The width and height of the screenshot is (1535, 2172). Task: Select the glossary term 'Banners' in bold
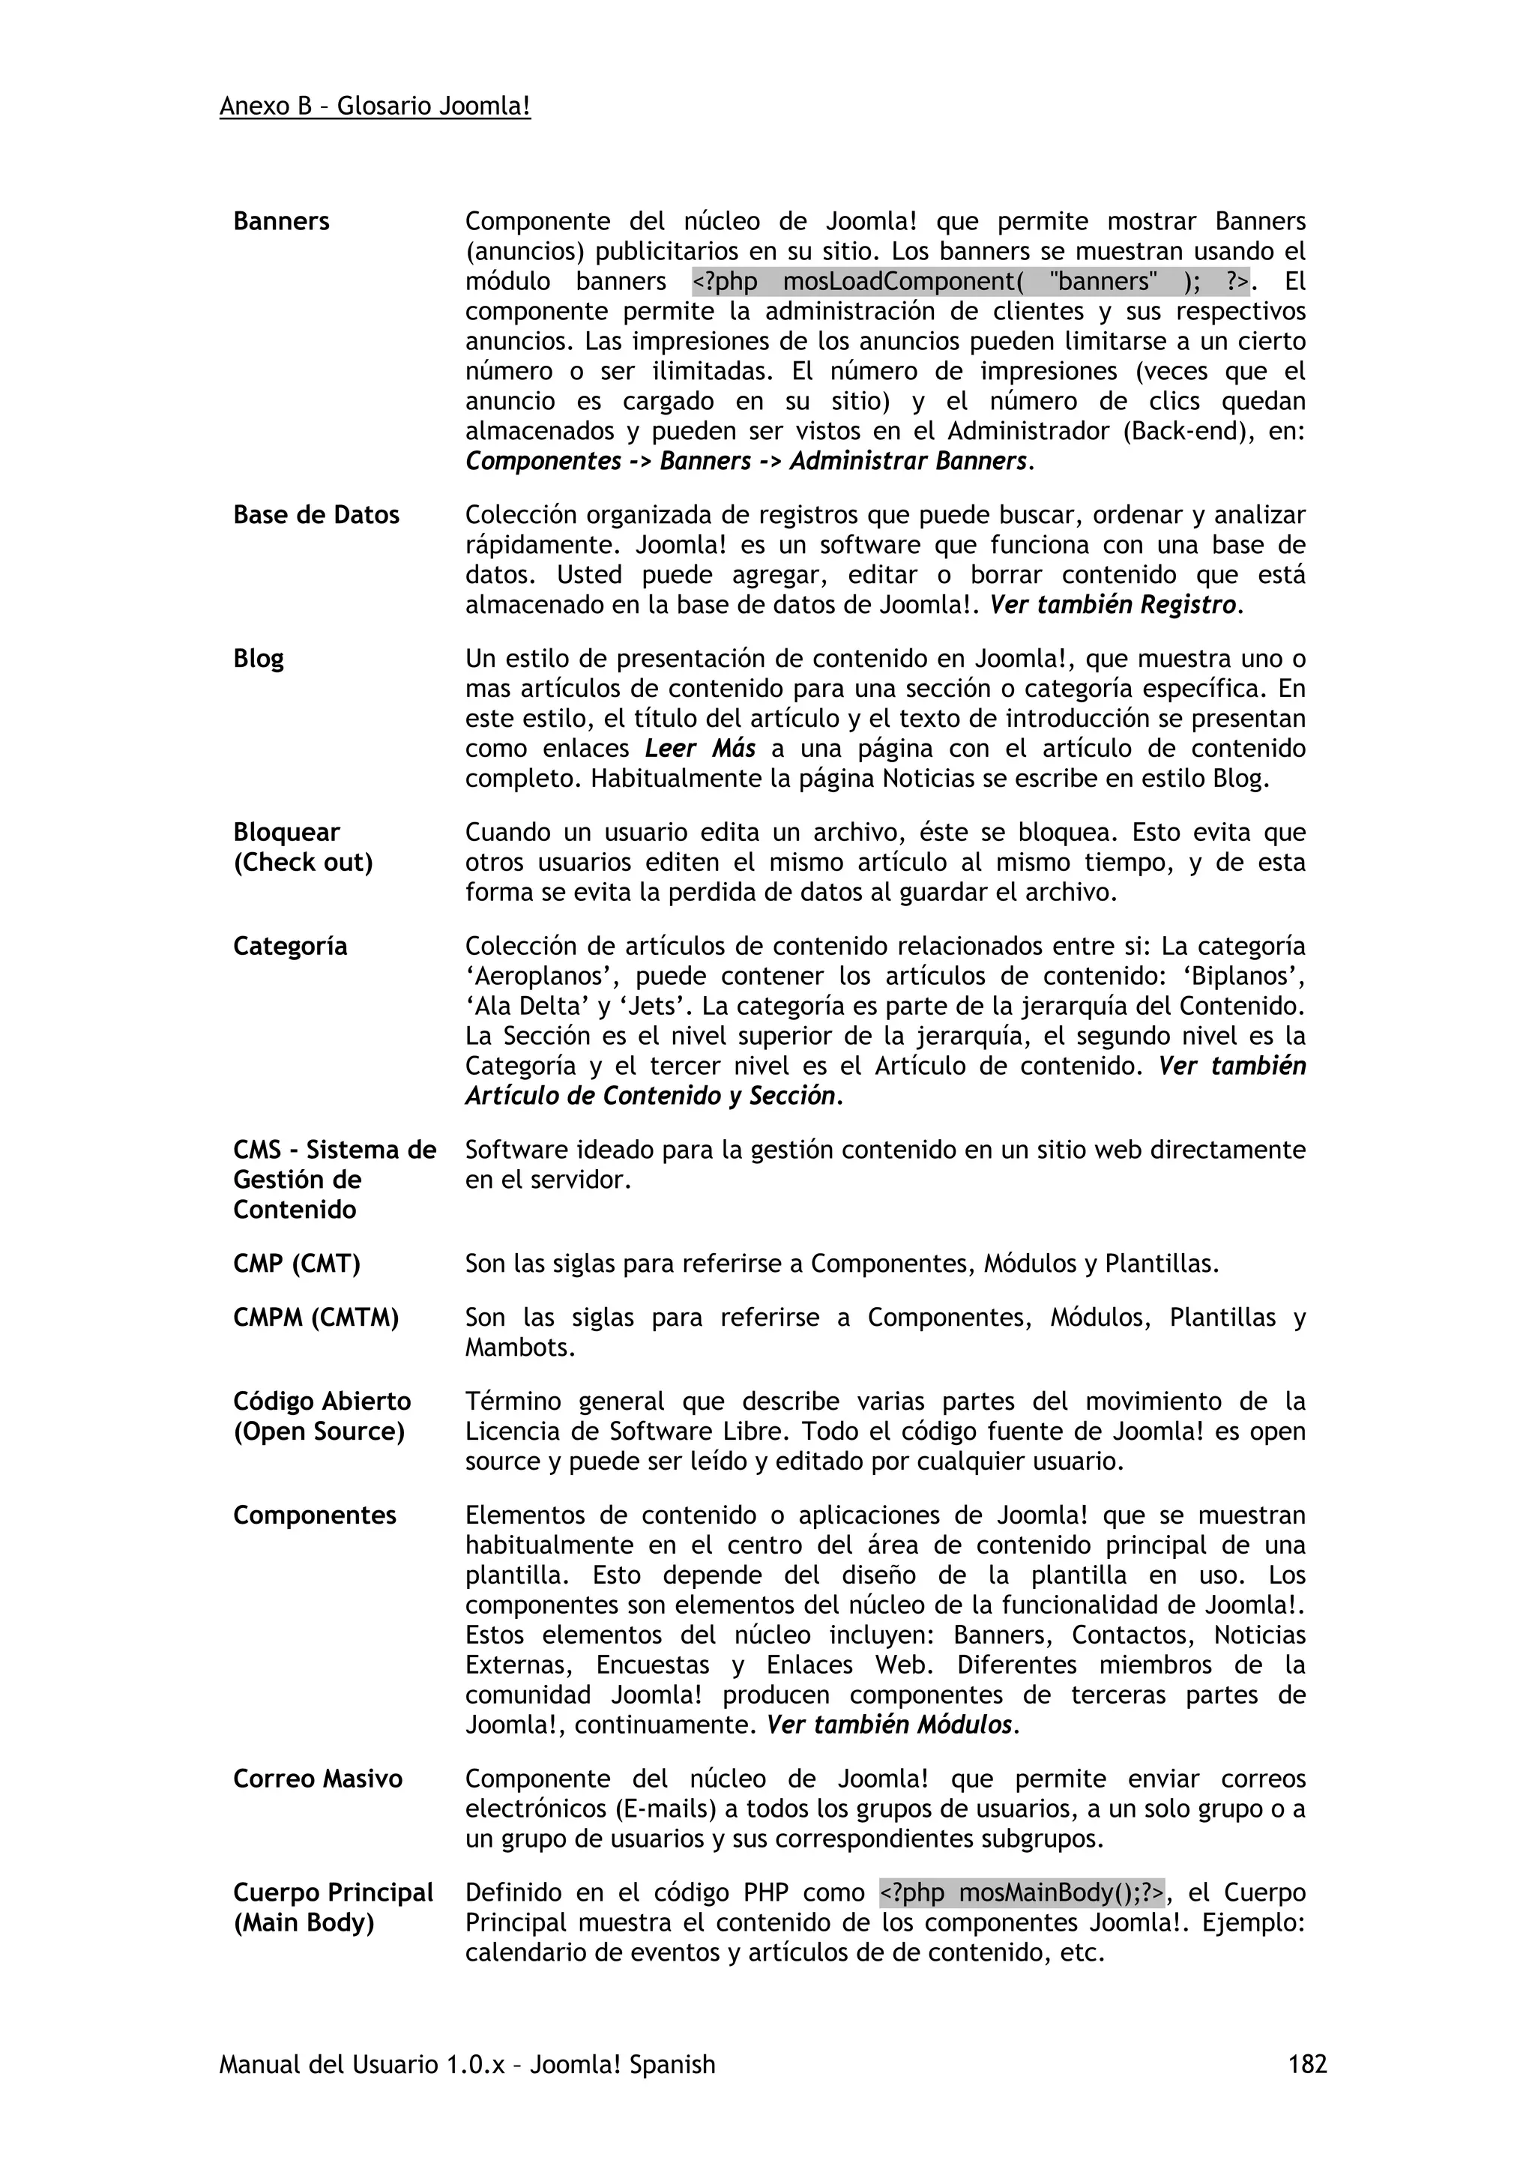[x=281, y=221]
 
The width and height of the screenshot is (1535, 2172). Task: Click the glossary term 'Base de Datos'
[x=316, y=516]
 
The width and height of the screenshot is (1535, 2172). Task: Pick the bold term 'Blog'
[x=258, y=658]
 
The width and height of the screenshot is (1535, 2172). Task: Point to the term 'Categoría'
[x=289, y=946]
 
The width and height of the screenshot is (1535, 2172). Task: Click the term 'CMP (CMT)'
[x=296, y=1264]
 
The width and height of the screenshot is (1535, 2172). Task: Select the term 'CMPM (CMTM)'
[x=316, y=1318]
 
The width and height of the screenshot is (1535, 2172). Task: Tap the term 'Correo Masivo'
[x=318, y=1779]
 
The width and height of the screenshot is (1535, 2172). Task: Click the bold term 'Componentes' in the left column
[x=314, y=1515]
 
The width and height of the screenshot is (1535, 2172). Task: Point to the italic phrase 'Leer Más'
[x=700, y=749]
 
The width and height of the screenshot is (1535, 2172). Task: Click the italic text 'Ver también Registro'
[x=1112, y=606]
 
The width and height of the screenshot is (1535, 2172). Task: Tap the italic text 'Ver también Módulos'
[x=889, y=1725]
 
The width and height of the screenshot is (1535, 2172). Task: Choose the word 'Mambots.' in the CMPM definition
[x=519, y=1348]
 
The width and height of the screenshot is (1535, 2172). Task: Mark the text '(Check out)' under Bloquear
[x=303, y=863]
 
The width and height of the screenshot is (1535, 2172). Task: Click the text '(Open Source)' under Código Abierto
[x=319, y=1432]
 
